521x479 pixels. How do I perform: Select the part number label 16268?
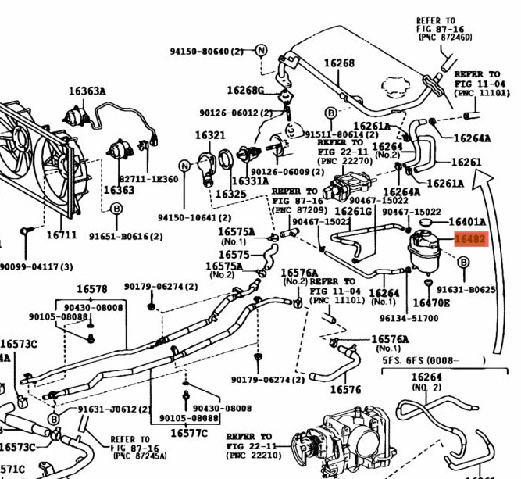pyautogui.click(x=339, y=63)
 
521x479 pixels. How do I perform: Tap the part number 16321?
pyautogui.click(x=210, y=135)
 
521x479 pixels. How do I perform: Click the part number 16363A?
pyautogui.click(x=87, y=91)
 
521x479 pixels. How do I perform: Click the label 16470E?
pyautogui.click(x=431, y=302)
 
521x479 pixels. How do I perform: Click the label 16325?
pyautogui.click(x=231, y=193)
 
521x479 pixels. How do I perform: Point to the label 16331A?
pyautogui.click(x=250, y=181)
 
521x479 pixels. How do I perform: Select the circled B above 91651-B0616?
pyautogui.click(x=116, y=209)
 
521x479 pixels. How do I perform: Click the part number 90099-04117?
pyautogui.click(x=35, y=266)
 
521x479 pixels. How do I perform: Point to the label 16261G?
pyautogui.click(x=352, y=211)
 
